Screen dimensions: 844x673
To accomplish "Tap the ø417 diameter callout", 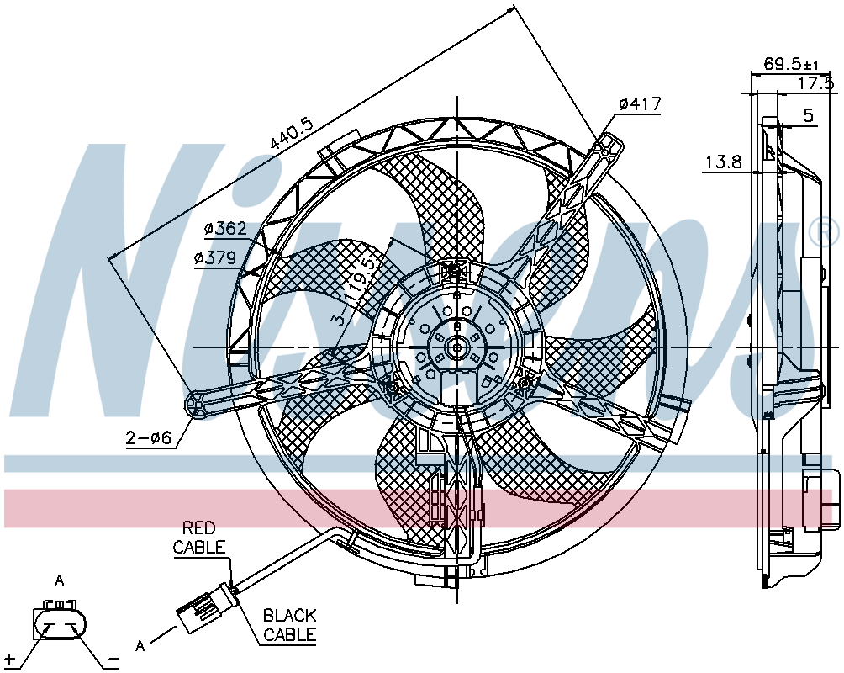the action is click(640, 103).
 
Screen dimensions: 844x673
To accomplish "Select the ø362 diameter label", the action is click(225, 229).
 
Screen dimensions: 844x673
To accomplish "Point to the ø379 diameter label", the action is click(215, 258).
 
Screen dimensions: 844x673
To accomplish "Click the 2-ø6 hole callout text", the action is click(149, 438).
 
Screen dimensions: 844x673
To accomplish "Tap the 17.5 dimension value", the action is click(815, 83).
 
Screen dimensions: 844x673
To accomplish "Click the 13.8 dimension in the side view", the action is click(724, 162).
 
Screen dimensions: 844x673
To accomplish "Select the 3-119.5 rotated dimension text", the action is click(352, 292).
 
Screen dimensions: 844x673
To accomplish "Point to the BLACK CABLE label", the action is click(289, 624).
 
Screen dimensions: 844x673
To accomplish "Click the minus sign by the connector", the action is click(113, 659).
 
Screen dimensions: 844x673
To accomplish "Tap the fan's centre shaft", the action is click(457, 347).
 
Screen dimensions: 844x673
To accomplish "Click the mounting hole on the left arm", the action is click(196, 402).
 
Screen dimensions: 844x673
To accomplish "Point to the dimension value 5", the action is click(809, 115).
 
